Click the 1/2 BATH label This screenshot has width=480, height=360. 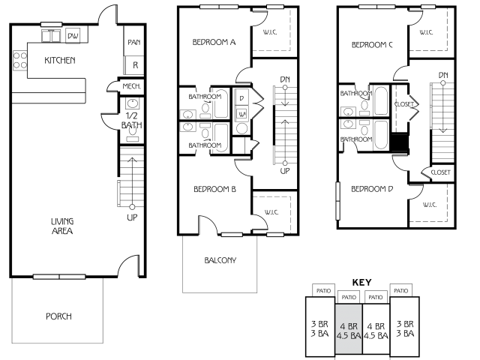131,120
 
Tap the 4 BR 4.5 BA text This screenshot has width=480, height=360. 349,331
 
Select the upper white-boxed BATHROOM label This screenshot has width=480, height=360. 205,97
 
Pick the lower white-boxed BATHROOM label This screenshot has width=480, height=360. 205,145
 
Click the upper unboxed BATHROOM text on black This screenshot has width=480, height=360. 356,94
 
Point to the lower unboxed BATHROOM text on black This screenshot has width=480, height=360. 356,139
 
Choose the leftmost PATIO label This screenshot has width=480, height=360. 323,290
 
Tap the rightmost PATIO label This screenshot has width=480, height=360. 401,290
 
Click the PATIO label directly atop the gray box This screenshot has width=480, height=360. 349,297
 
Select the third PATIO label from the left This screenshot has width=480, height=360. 376,297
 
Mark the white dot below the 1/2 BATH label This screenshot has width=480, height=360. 132,207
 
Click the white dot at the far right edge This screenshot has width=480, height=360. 443,83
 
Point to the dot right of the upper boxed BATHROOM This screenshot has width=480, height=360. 285,88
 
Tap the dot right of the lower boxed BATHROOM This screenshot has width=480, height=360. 285,163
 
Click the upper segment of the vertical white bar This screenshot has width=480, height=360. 338,191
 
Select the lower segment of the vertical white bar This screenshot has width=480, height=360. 338,211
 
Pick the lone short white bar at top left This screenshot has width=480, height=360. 52,25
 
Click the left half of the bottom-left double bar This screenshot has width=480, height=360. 46,277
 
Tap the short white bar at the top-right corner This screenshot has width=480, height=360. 428,7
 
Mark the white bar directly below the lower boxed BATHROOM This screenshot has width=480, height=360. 232,235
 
